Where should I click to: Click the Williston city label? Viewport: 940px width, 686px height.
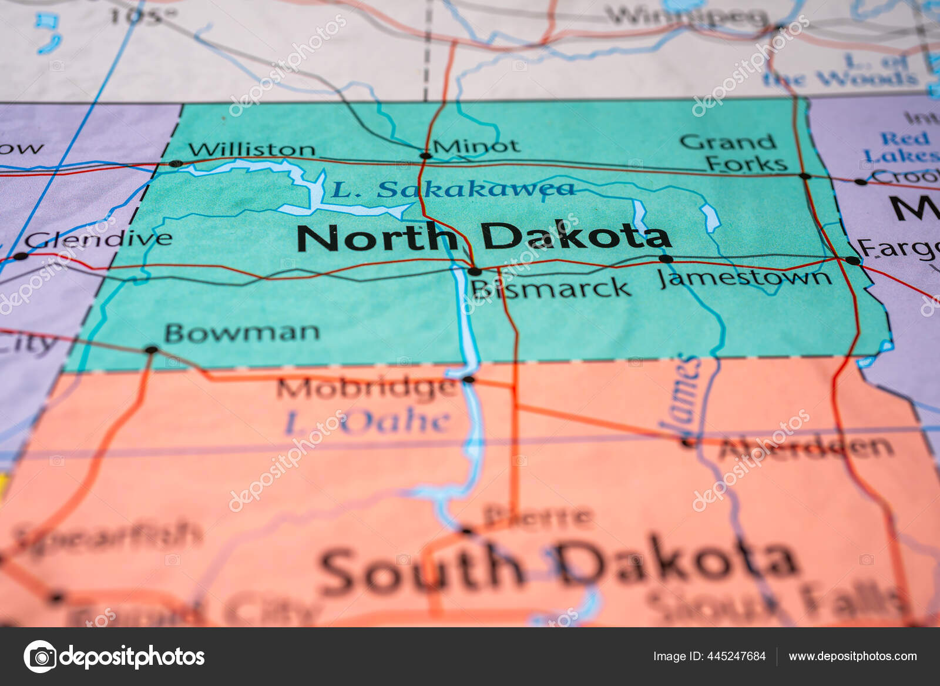[251, 149]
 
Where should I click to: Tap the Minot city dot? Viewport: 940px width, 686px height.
[426, 156]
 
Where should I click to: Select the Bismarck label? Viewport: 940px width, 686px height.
[550, 288]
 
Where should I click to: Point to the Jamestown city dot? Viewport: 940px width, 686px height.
[666, 259]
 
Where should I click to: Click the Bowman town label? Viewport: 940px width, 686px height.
[242, 333]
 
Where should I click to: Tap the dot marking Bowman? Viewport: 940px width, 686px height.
[152, 350]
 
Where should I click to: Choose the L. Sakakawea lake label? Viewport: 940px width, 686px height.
[452, 189]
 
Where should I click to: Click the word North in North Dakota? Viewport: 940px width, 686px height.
[376, 237]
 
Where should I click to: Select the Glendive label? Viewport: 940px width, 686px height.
[99, 239]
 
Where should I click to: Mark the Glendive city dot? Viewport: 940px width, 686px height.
[21, 256]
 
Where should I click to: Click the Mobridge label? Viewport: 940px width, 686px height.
[366, 388]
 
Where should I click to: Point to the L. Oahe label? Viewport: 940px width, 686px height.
[368, 422]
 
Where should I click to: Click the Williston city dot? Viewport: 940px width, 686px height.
[174, 163]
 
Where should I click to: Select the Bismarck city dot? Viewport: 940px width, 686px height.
[474, 271]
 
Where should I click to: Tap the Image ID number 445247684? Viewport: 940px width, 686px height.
[738, 656]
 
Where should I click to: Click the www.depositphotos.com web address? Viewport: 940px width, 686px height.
[852, 656]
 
